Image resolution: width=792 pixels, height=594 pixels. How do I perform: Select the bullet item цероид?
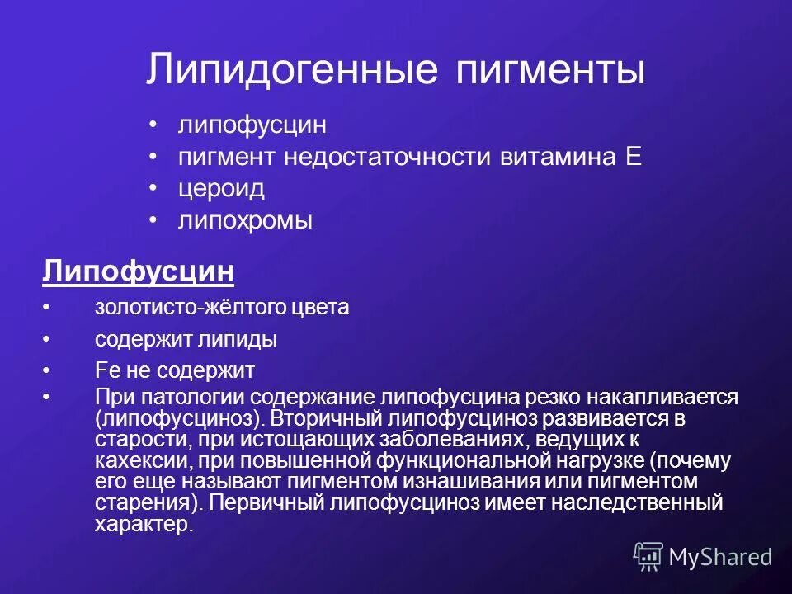click(221, 189)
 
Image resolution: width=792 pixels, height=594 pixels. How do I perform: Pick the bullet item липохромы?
click(245, 221)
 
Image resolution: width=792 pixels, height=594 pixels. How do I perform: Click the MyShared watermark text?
click(720, 558)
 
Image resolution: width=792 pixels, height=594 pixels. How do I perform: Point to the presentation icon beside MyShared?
click(648, 558)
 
